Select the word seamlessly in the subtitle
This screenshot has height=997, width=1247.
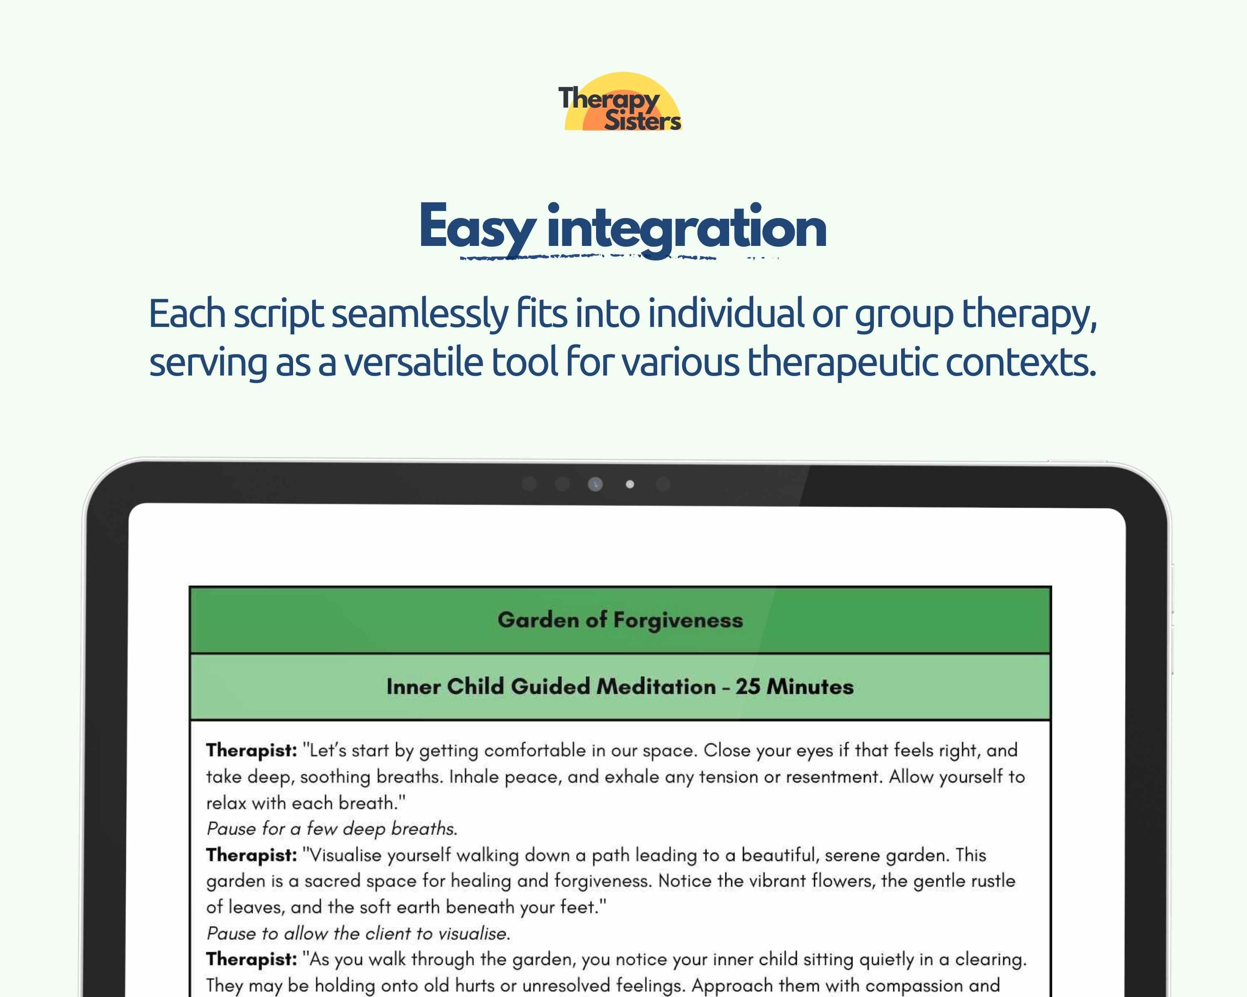pos(419,314)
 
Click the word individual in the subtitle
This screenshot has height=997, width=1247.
pos(726,314)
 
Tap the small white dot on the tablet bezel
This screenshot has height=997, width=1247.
pos(630,484)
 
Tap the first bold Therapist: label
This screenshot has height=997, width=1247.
pos(251,750)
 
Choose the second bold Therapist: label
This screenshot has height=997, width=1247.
pos(251,855)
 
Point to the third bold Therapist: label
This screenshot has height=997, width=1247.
pos(251,960)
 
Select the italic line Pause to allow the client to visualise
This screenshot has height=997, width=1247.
pos(358,933)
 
